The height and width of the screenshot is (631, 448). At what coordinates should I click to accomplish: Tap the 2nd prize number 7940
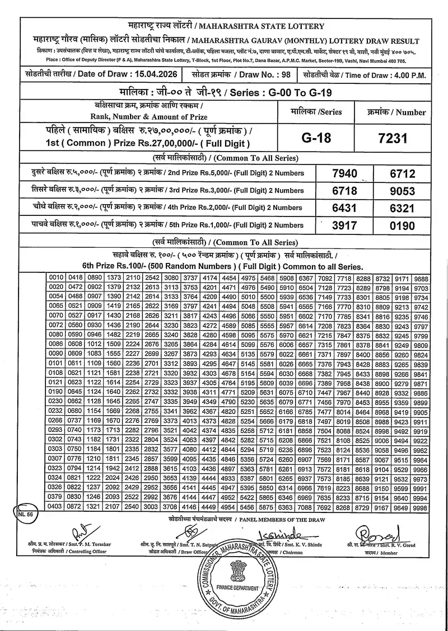pyautogui.click(x=344, y=173)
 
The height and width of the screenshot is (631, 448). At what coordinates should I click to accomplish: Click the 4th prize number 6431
pyautogui.click(x=344, y=208)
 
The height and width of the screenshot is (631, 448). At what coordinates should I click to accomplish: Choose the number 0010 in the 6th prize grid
pyautogui.click(x=57, y=278)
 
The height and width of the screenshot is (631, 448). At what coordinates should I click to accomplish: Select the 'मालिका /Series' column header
pyautogui.click(x=314, y=111)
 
